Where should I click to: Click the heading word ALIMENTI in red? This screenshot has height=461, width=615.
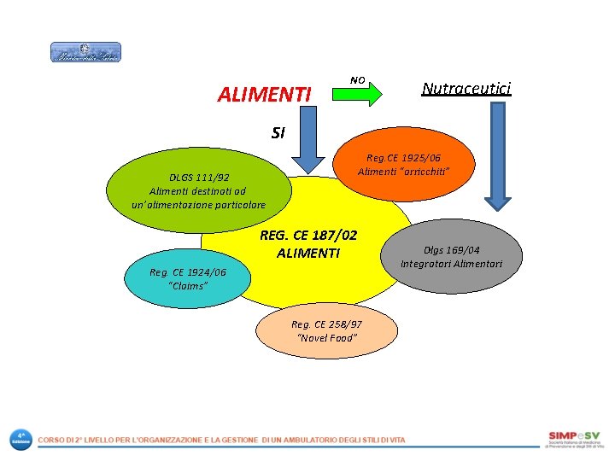coord(264,94)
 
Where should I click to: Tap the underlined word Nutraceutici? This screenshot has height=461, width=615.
coord(466,89)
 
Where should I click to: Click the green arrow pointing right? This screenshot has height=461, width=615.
coord(356,95)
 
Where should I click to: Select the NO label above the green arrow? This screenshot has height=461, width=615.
coord(358,80)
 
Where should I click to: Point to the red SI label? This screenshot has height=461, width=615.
coord(278,132)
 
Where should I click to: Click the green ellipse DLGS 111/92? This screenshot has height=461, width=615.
coord(198,190)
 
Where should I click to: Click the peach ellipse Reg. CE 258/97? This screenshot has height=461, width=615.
coord(326,330)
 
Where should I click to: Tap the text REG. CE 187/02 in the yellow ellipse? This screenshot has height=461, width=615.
coord(308,235)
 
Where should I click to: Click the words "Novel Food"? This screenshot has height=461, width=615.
coord(326,338)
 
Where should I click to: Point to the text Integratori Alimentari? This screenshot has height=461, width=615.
coord(452,264)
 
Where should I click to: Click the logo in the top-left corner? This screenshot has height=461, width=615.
coord(85,53)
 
